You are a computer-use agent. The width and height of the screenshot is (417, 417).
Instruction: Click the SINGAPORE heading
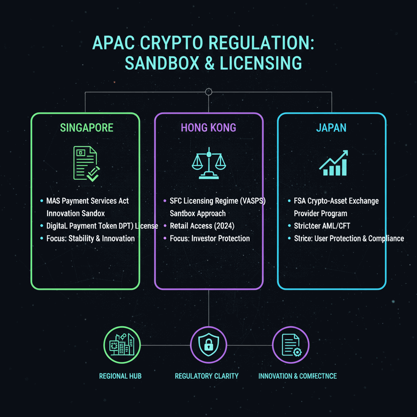[x=86, y=127]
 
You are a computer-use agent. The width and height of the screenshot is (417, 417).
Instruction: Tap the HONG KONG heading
[x=208, y=127]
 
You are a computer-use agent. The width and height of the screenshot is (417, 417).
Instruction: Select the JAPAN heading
[x=331, y=127]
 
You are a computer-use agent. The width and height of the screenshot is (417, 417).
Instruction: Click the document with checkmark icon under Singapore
[x=86, y=164]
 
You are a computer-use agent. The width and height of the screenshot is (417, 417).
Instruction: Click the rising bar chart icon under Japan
[x=334, y=163]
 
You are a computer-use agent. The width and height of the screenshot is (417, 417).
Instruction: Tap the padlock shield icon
[x=208, y=345]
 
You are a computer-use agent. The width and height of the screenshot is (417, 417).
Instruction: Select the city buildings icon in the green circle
[x=122, y=345]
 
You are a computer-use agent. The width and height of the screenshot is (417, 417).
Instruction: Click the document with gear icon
[x=290, y=345]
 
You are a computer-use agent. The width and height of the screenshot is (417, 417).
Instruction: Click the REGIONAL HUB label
[x=121, y=376]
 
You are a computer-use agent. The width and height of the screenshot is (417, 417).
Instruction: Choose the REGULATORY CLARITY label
[x=206, y=376]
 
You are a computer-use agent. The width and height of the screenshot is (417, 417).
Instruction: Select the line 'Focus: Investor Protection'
[x=210, y=238]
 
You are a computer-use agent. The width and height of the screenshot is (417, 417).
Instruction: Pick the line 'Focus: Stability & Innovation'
[x=90, y=238]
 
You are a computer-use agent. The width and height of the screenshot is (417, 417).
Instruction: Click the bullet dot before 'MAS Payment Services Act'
[x=42, y=201]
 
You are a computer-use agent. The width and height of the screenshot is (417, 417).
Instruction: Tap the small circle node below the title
[x=208, y=92]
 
